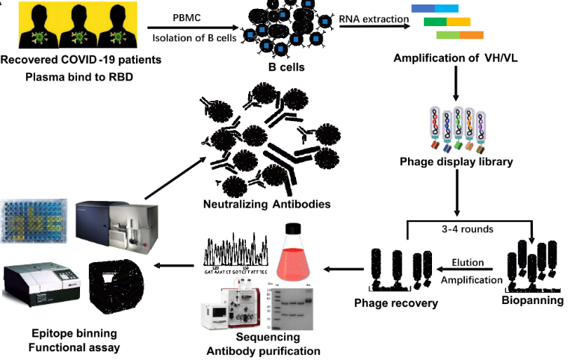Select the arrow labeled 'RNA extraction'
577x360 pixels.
(x=374, y=26)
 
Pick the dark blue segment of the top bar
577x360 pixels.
(x=422, y=8)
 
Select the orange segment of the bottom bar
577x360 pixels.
(x=472, y=35)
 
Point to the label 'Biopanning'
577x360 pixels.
(x=532, y=300)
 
